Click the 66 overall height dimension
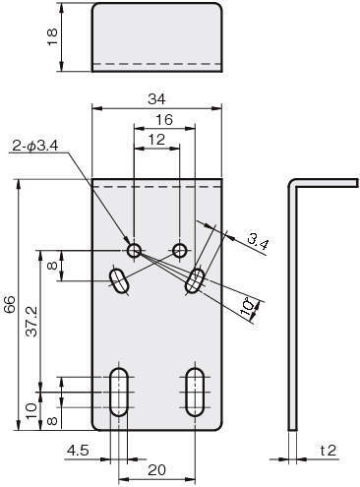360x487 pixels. [10, 304]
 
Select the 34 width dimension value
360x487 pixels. [156, 98]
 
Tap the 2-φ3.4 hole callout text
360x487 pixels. [35, 146]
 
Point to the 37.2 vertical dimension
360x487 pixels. [32, 322]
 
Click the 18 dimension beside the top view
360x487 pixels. [52, 37]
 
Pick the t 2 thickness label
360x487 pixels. [328, 451]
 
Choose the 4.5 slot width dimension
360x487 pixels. [78, 451]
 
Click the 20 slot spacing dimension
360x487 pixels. [156, 470]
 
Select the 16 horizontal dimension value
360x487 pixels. [164, 120]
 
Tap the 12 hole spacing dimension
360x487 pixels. [156, 140]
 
